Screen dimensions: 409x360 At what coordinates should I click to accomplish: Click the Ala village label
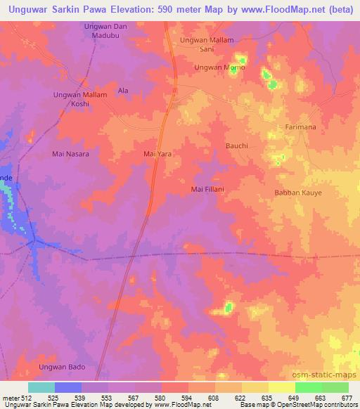coord(123,91)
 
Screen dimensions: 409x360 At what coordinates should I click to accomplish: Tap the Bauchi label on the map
coord(236,145)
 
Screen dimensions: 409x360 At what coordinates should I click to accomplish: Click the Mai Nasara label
coord(71,153)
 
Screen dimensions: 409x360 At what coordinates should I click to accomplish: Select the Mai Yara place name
coord(157,153)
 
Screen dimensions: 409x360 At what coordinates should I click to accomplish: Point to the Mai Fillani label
coord(208,188)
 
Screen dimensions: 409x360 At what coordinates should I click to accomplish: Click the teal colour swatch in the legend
coord(41,387)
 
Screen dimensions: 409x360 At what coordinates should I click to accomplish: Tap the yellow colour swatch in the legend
coord(282,387)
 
